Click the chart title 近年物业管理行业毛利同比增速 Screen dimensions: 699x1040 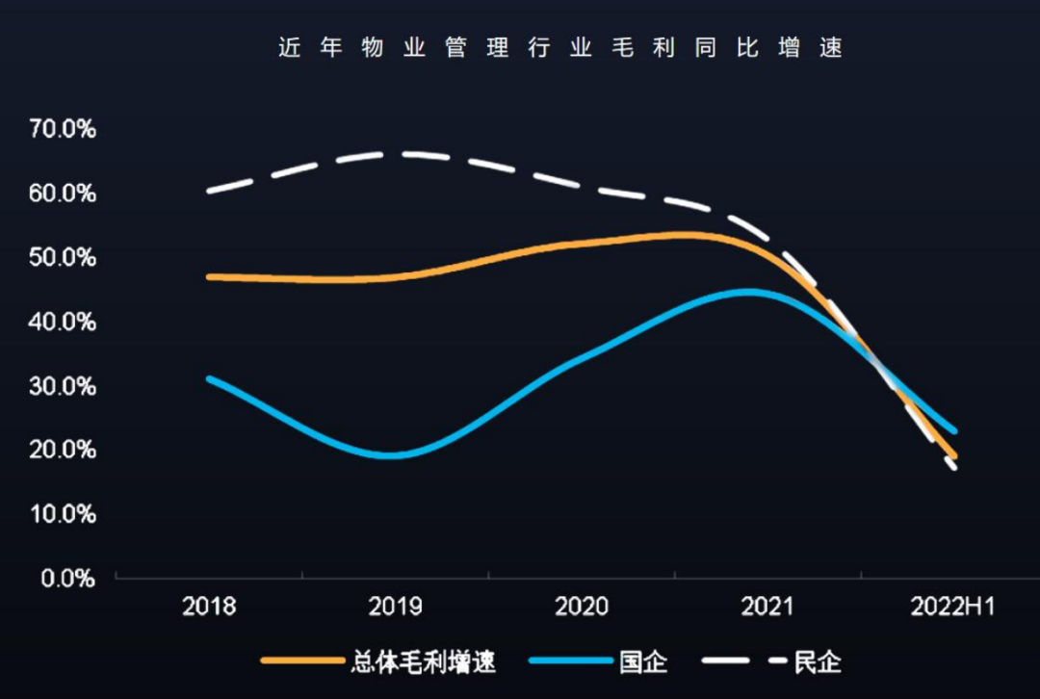[560, 48]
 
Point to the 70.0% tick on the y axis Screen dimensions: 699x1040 [63, 129]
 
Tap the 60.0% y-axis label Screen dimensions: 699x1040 [63, 194]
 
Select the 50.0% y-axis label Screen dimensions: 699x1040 [63, 258]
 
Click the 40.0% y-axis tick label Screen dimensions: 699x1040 [63, 322]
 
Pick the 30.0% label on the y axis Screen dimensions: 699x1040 [63, 386]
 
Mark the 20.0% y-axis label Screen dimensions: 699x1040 [63, 451]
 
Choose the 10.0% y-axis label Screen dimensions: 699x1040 [63, 514]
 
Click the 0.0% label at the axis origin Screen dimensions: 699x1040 [67, 579]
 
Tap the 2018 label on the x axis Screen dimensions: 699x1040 [209, 607]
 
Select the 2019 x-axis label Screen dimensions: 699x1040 [395, 607]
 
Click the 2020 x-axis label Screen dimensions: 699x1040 [582, 607]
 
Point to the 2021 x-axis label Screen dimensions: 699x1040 [767, 607]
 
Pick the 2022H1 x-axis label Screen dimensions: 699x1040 [953, 607]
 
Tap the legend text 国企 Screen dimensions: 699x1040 [644, 662]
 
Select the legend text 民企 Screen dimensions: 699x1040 [818, 662]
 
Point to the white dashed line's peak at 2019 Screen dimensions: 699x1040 [395, 153]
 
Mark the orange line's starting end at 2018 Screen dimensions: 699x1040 [210, 276]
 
